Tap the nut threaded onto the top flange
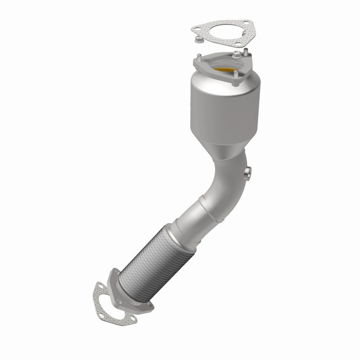[x=237, y=55]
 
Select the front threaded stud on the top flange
[x=234, y=73]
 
